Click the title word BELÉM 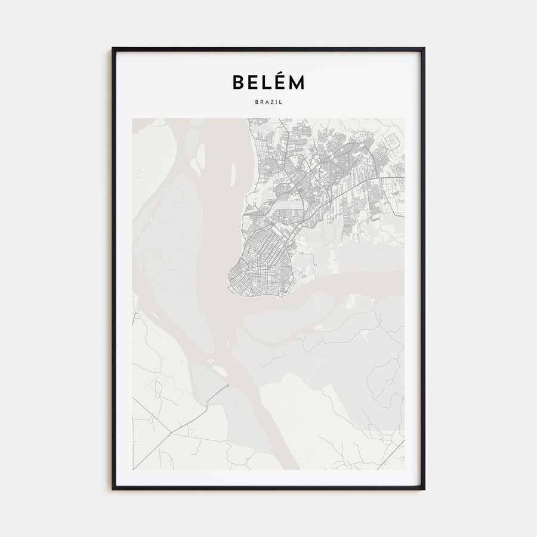[x=268, y=82]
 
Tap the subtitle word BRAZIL [x=268, y=102]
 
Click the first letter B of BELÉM [x=239, y=82]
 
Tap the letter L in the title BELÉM [x=264, y=82]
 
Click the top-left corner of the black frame [x=113, y=49]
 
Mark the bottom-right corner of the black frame [x=424, y=489]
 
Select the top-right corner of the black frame [x=424, y=49]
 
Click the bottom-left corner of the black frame [x=113, y=489]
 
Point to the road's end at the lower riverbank [x=227, y=386]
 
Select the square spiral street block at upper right [x=392, y=143]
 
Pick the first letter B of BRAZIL [x=255, y=102]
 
